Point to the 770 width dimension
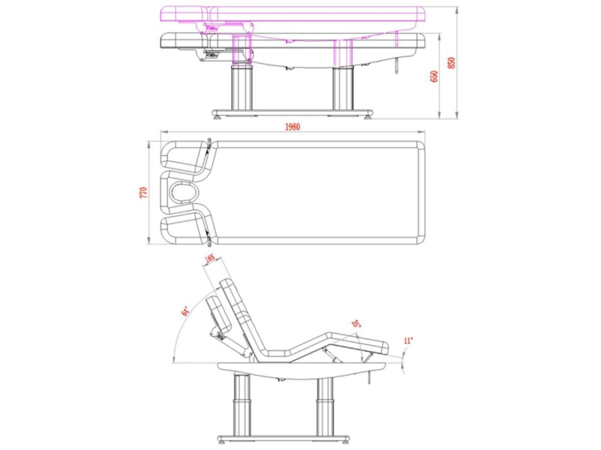(143, 192)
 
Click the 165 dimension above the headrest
(210, 259)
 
